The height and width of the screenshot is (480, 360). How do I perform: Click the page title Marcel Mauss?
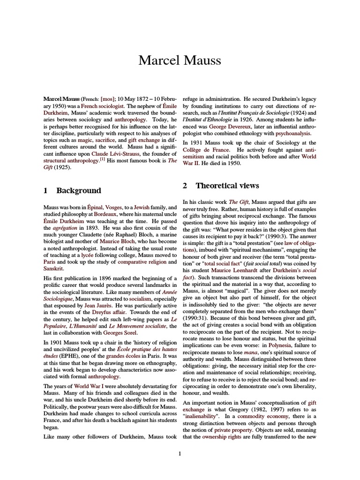pyautogui.click(x=180, y=60)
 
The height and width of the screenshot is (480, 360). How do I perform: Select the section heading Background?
pyautogui.click(x=78, y=191)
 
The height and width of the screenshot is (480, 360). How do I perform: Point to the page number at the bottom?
pyautogui.click(x=180, y=453)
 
